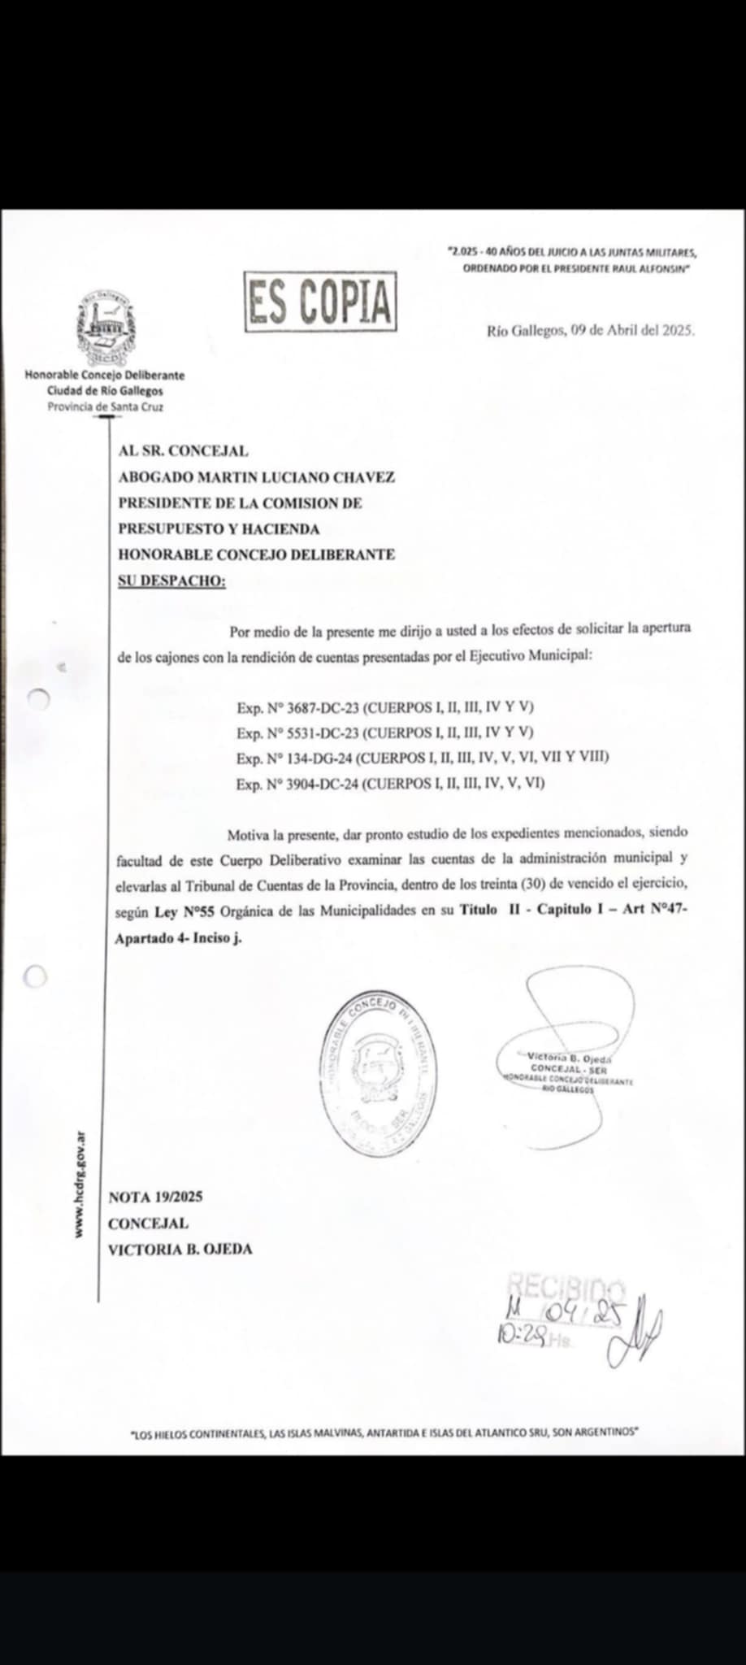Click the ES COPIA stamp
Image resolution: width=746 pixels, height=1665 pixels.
(x=321, y=302)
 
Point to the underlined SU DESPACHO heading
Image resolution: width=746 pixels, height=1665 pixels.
(x=171, y=580)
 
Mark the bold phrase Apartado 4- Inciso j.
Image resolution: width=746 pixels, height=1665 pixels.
(x=179, y=937)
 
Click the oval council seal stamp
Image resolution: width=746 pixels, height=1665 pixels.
(x=379, y=1067)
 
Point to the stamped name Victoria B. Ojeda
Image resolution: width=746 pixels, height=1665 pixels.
(x=569, y=1059)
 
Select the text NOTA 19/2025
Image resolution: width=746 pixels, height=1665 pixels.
(x=155, y=1197)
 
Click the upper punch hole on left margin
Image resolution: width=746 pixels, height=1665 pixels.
(x=38, y=698)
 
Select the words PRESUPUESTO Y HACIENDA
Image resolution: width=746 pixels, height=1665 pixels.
(x=219, y=528)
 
